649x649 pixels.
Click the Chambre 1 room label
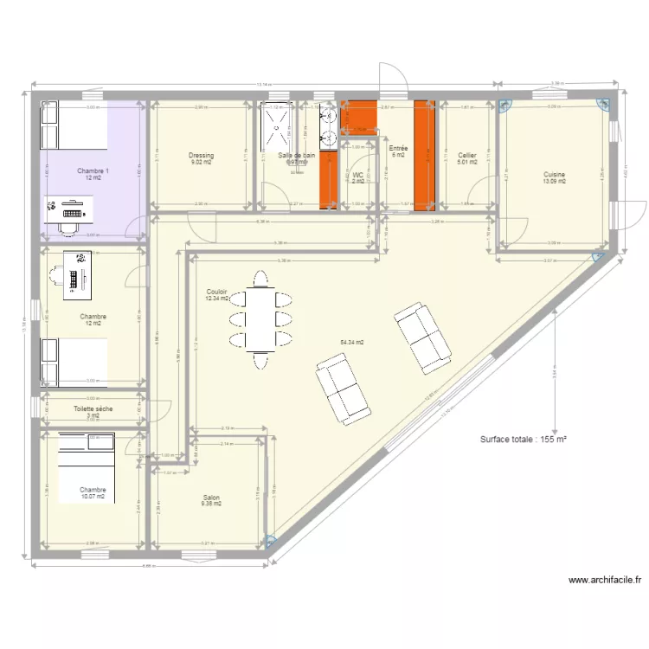coord(93,170)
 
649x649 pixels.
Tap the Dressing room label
coord(201,156)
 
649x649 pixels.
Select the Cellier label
coord(467,156)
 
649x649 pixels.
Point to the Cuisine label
coord(555,174)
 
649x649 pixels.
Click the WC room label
coord(358,150)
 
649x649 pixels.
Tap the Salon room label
coord(211,498)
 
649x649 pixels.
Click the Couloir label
coord(216,292)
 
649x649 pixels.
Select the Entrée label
coord(398,149)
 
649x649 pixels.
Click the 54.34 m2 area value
coord(352,343)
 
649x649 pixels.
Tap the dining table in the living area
coord(259,318)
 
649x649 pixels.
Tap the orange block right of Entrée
coord(422,155)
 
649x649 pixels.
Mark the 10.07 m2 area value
coord(93,497)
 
